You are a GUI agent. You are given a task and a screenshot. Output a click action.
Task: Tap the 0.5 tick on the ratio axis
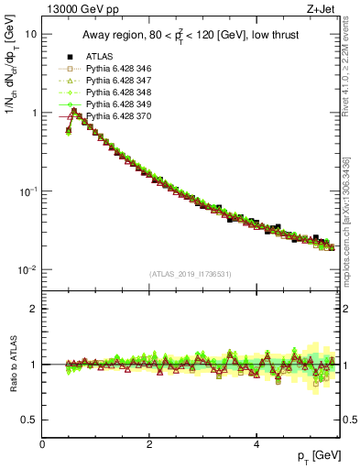pyautogui.click(x=28, y=420)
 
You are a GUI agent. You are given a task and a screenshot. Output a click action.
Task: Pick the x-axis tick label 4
pyautogui.click(x=256, y=443)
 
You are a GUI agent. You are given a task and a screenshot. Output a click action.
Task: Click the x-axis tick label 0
pyautogui.click(x=42, y=443)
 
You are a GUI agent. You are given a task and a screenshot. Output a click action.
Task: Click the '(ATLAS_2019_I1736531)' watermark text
pyautogui.click(x=190, y=274)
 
